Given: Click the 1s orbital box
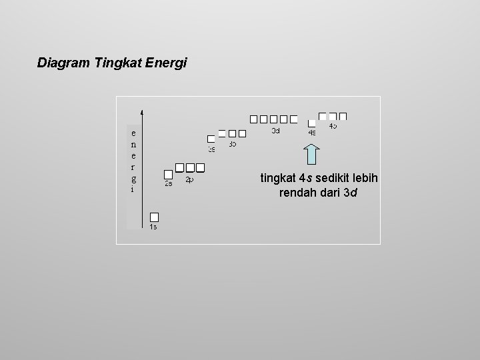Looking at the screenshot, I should [154, 217].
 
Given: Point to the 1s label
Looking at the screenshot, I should [153, 227].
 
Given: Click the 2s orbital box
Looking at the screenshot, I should [169, 174].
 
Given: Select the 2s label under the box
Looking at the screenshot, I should [169, 184].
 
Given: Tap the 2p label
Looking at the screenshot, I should [189, 179].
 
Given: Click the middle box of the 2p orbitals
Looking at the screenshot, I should [190, 167].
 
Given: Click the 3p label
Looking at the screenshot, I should [233, 144].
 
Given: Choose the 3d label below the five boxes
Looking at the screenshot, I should [275, 131].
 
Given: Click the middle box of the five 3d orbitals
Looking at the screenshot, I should [274, 119].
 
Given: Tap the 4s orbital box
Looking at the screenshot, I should [311, 123].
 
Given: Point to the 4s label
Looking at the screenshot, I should [311, 133].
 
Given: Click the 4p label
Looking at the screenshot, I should [333, 126].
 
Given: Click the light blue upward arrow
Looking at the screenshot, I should [313, 154].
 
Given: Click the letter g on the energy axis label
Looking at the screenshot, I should [134, 179].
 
